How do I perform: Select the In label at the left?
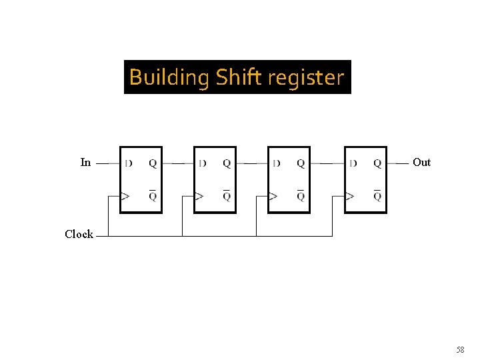(x=85, y=162)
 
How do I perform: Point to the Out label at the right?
(x=421, y=162)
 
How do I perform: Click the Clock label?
(x=79, y=234)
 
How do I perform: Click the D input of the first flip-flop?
(x=128, y=163)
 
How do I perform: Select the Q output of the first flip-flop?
(x=153, y=163)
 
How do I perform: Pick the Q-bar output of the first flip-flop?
(x=153, y=195)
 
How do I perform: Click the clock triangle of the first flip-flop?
(x=125, y=196)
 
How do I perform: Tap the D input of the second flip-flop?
(x=202, y=163)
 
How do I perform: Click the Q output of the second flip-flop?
(x=227, y=163)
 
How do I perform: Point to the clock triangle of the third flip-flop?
(x=273, y=196)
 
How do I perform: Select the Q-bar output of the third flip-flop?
(x=301, y=195)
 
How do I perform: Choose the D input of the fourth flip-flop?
(x=353, y=163)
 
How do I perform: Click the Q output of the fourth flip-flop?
(x=377, y=163)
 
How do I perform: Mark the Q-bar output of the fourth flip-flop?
(x=377, y=195)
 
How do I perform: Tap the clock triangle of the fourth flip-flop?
(x=349, y=196)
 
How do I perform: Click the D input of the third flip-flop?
(x=276, y=163)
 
